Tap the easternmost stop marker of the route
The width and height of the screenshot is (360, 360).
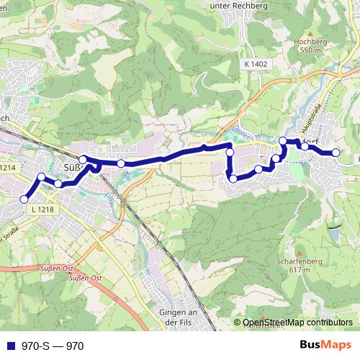pos(336,153)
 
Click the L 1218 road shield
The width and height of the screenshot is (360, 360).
pos(42,210)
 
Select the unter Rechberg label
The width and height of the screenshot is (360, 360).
pos(238,5)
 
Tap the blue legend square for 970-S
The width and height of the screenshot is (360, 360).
pos(11,346)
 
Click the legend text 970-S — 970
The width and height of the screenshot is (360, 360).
pos(53,346)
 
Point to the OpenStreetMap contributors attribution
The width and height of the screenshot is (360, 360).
pos(297,323)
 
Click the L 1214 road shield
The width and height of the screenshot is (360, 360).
pos(7,168)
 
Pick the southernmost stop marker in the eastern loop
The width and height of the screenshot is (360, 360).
pos(233,179)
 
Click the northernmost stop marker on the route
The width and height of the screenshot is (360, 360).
pos(283,141)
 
